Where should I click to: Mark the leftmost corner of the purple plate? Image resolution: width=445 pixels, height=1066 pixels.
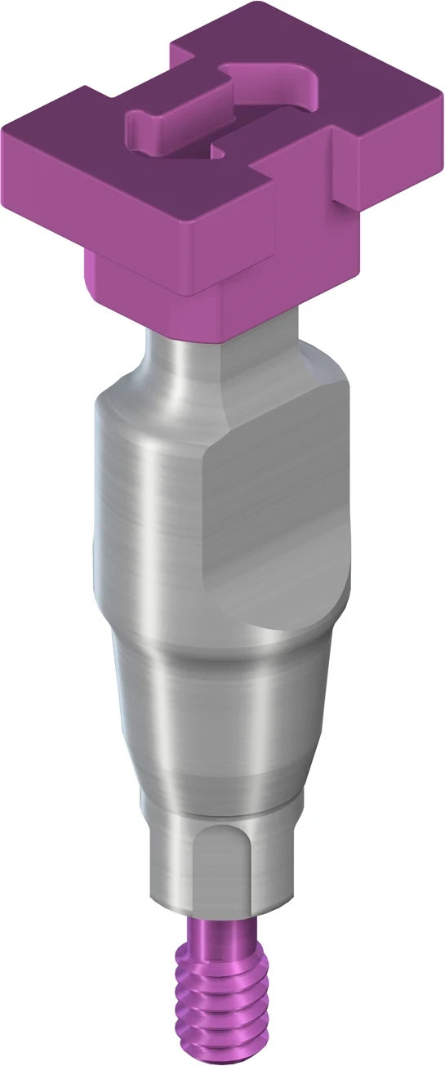pos(4,131)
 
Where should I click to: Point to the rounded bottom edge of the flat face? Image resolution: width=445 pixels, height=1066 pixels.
pos(278,629)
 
